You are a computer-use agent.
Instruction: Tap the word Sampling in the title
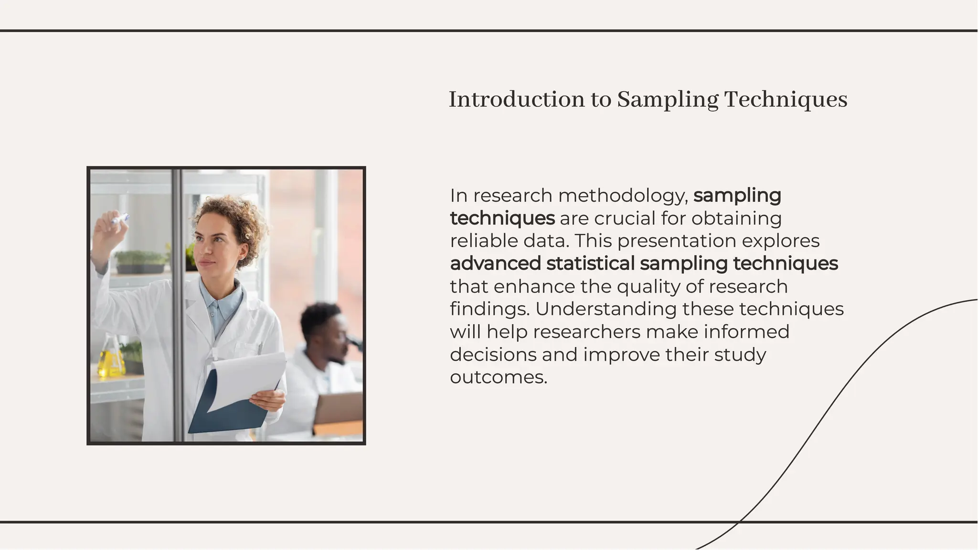[x=668, y=100]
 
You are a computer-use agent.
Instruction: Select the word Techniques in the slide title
[x=786, y=100]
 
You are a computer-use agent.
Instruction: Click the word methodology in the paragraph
[x=623, y=196]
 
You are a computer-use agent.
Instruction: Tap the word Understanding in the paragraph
[x=606, y=309]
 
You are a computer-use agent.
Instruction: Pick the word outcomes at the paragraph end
[x=498, y=377]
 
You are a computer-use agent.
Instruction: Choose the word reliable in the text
[x=484, y=241]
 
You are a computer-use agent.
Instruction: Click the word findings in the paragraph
[x=490, y=309]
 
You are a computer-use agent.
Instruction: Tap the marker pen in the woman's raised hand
[x=120, y=219]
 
